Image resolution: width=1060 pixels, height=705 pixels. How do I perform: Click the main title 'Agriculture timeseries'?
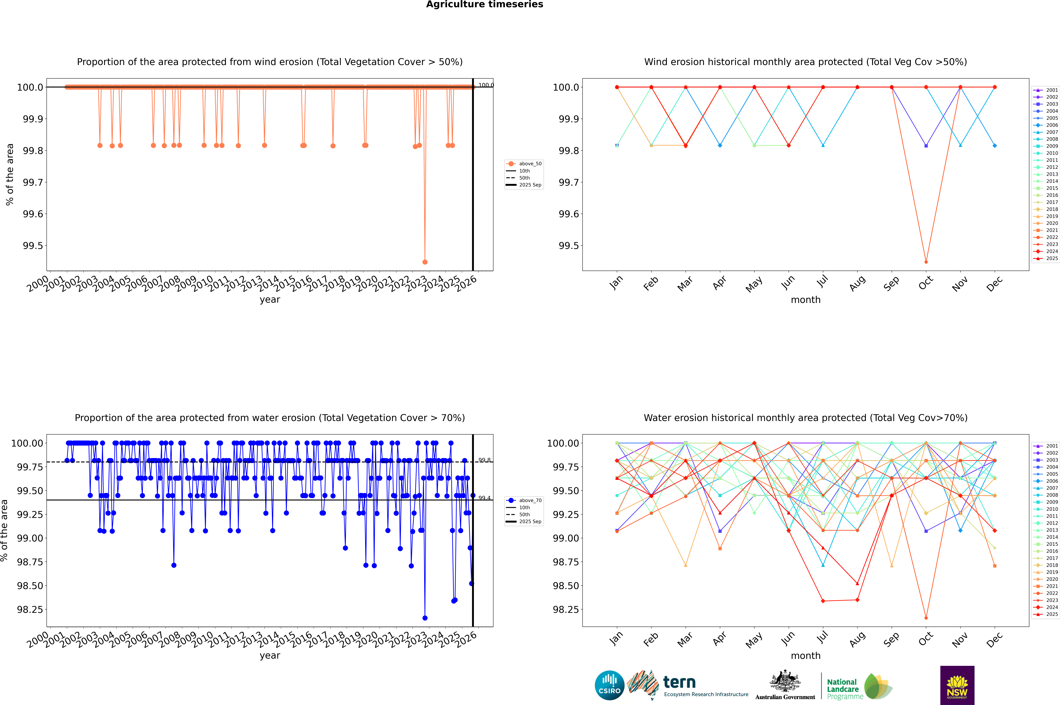[x=484, y=4]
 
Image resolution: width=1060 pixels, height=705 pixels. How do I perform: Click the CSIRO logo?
[x=609, y=685]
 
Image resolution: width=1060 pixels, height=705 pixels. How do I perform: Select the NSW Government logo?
[x=957, y=685]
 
